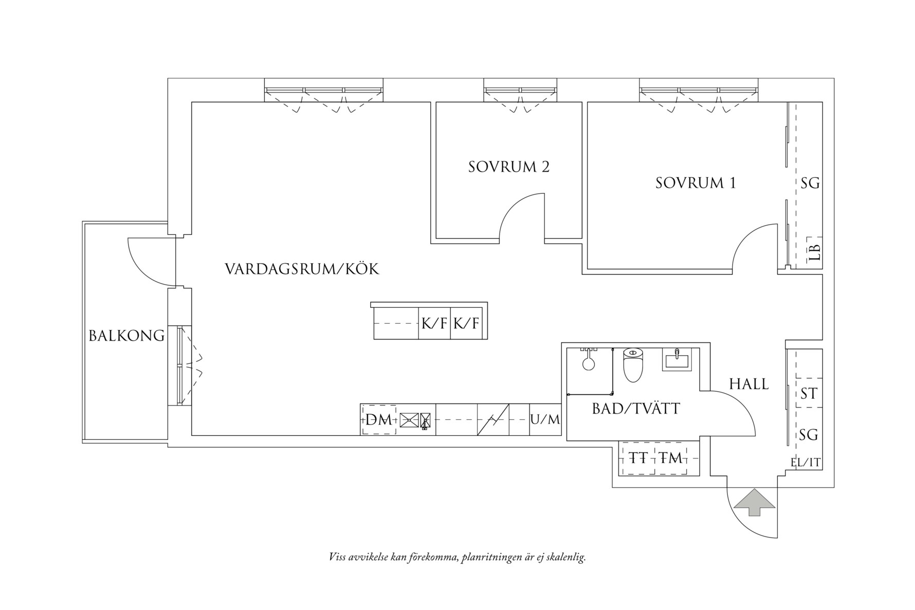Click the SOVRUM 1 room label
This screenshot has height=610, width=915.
[695, 183]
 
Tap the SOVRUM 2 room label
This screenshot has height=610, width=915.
[508, 167]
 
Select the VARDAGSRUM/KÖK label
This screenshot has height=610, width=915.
[302, 269]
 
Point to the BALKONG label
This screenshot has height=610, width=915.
[126, 336]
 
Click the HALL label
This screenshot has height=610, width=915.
[748, 384]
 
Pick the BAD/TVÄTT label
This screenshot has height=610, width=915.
[636, 409]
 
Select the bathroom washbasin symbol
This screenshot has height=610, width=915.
[678, 359]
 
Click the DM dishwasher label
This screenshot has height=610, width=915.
[378, 420]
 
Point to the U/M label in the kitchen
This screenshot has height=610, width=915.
[545, 420]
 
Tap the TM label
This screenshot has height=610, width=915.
[670, 457]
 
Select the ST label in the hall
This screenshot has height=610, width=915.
[809, 394]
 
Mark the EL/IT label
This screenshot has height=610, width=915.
[806, 463]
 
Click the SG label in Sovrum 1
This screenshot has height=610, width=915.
[810, 183]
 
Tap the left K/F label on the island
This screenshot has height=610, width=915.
[434, 324]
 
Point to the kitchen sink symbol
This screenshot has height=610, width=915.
[409, 420]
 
